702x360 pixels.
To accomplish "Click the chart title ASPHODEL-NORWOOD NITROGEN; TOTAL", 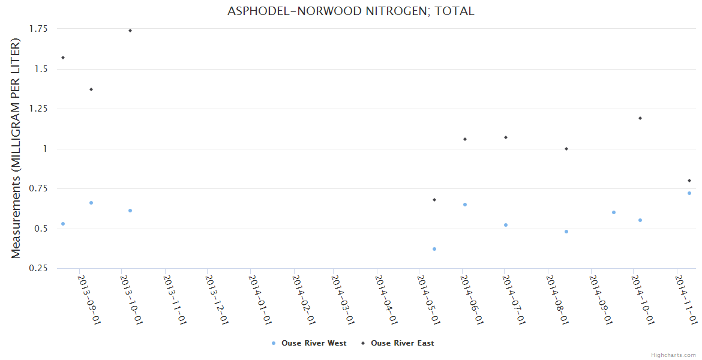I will point(351,11).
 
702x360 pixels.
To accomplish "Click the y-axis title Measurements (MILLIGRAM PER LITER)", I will point(16,149).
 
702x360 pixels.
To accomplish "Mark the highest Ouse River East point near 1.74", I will point(130,31).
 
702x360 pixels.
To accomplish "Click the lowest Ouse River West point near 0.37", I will point(434,249).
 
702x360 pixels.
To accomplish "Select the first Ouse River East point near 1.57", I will point(63,58).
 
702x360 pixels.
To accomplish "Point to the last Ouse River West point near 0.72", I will point(689,193).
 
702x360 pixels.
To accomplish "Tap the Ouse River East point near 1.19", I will point(640,118).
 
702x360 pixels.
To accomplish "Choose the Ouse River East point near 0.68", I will point(434,200).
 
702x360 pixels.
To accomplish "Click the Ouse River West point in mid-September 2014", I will point(614,212).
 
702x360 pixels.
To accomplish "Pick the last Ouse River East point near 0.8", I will point(689,181).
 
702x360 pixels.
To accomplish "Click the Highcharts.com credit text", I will point(674,355).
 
